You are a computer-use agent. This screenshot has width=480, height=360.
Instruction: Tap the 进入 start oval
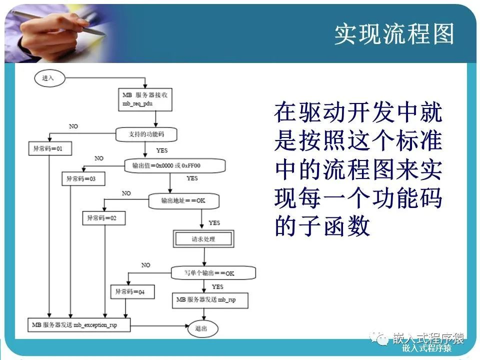[48, 78]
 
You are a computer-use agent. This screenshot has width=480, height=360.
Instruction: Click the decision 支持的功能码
[146, 134]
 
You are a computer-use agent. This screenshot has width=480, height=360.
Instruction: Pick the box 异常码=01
[49, 148]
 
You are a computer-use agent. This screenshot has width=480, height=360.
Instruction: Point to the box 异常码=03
[80, 178]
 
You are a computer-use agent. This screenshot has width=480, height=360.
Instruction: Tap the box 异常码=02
[103, 218]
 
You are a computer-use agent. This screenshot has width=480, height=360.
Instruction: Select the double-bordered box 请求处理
[203, 239]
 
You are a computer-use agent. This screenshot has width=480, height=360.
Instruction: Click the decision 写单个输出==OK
[213, 273]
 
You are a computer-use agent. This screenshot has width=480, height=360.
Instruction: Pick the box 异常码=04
[132, 291]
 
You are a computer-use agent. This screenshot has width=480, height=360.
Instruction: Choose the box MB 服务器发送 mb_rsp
[209, 299]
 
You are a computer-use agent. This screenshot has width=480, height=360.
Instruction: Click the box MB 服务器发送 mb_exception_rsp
[79, 324]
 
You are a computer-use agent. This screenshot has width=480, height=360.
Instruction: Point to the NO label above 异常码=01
[73, 126]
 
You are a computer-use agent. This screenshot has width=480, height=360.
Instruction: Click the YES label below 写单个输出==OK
[217, 286]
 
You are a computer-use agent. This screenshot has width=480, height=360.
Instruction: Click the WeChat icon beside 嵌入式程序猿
[382, 339]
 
